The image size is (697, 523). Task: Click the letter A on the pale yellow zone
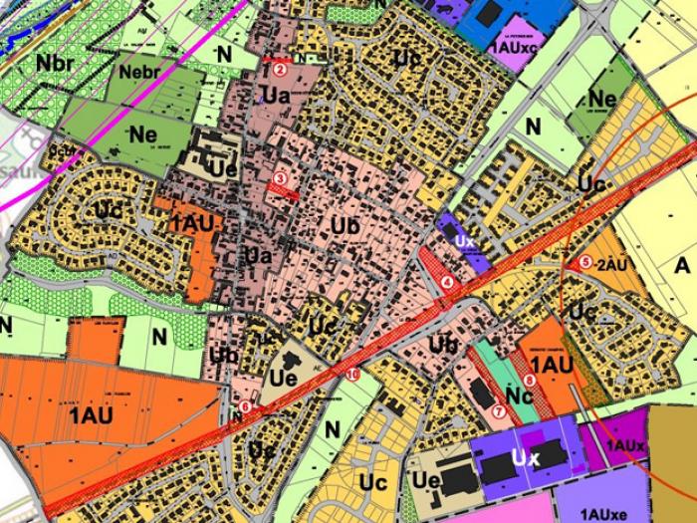[682, 266]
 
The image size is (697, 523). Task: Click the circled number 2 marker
[281, 69]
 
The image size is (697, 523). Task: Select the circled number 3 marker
[280, 178]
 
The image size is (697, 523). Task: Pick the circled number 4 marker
[448, 282]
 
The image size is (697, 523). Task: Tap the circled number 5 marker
[583, 263]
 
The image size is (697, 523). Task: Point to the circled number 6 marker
[245, 405]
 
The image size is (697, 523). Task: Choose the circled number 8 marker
[529, 380]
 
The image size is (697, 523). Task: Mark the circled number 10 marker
[352, 375]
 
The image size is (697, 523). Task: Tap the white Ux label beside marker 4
[463, 241]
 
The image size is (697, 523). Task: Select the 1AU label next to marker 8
[560, 366]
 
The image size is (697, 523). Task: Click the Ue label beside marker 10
[282, 378]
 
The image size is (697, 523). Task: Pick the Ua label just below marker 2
[276, 96]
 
